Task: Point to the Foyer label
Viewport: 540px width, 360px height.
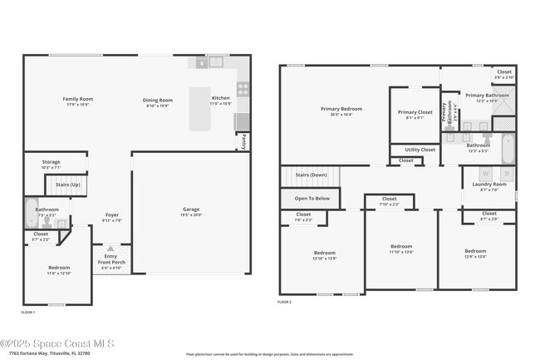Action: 112,218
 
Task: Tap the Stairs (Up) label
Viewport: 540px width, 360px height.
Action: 68,185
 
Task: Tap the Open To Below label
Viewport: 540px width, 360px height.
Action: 312,199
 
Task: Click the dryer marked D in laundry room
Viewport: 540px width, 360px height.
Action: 506,174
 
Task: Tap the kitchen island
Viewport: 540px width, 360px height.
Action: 200,109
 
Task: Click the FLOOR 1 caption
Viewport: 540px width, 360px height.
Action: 28,312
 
